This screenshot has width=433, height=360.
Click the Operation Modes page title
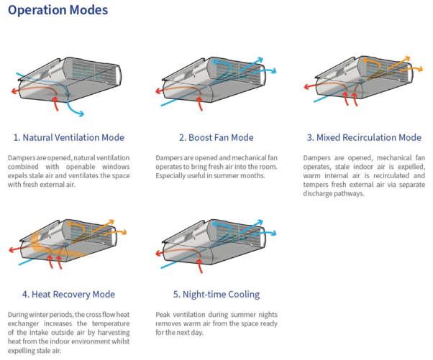coord(60,11)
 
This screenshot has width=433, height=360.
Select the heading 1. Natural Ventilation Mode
coord(68,137)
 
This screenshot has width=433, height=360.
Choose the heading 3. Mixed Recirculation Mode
coord(363,137)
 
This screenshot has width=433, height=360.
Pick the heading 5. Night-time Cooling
coord(209,295)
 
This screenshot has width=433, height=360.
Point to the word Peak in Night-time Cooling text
coord(163,315)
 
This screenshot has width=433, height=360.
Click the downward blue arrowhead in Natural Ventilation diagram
coord(80,113)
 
